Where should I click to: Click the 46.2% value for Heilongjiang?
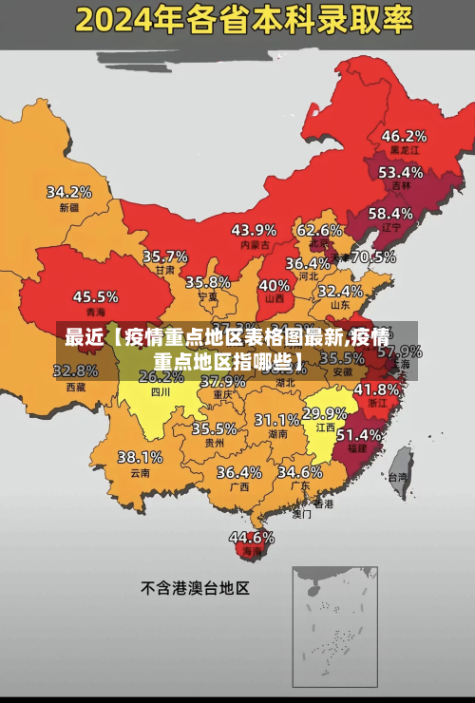404,135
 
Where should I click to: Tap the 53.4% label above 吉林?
400,172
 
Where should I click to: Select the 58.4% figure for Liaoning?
390,213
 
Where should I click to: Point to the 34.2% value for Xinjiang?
69,191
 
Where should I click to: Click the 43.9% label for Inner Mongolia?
254,229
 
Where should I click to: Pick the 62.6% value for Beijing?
319,229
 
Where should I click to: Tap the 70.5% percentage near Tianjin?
372,256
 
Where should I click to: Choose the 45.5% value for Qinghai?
96,296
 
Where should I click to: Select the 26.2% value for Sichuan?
161,376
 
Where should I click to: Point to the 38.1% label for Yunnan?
140,457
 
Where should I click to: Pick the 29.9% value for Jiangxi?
324,413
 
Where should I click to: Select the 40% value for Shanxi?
274,284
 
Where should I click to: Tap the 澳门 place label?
301,514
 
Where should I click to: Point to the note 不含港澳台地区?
195,588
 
